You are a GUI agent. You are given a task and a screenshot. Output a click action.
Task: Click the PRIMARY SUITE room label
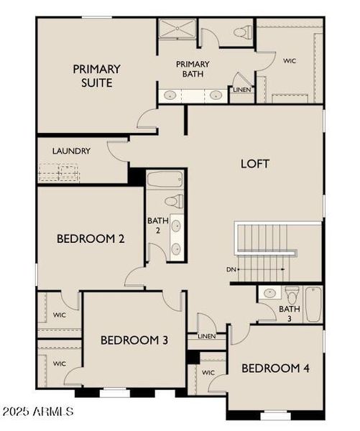pos(96,76)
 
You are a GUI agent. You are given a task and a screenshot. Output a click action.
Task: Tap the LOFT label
pos(254,164)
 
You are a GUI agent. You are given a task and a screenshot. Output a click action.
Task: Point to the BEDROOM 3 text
pos(134,340)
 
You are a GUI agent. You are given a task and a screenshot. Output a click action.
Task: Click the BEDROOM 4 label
pos(275,369)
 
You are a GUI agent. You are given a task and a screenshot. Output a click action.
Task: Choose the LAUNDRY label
pos(71,151)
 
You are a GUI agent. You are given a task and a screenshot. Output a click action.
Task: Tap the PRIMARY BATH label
pos(192,70)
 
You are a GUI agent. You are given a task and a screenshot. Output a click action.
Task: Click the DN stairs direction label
pos(230,269)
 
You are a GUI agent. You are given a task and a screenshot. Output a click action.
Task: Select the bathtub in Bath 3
pos(313,304)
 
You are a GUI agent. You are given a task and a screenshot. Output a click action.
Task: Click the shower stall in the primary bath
pos(175,31)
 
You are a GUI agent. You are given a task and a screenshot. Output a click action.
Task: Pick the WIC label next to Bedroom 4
pos(208,373)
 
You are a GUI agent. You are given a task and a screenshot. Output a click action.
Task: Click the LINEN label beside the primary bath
pos(241,90)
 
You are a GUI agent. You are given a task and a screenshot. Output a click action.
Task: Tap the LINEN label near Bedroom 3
pos(206,336)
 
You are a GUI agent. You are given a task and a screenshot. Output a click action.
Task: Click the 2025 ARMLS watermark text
pos(37,412)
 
